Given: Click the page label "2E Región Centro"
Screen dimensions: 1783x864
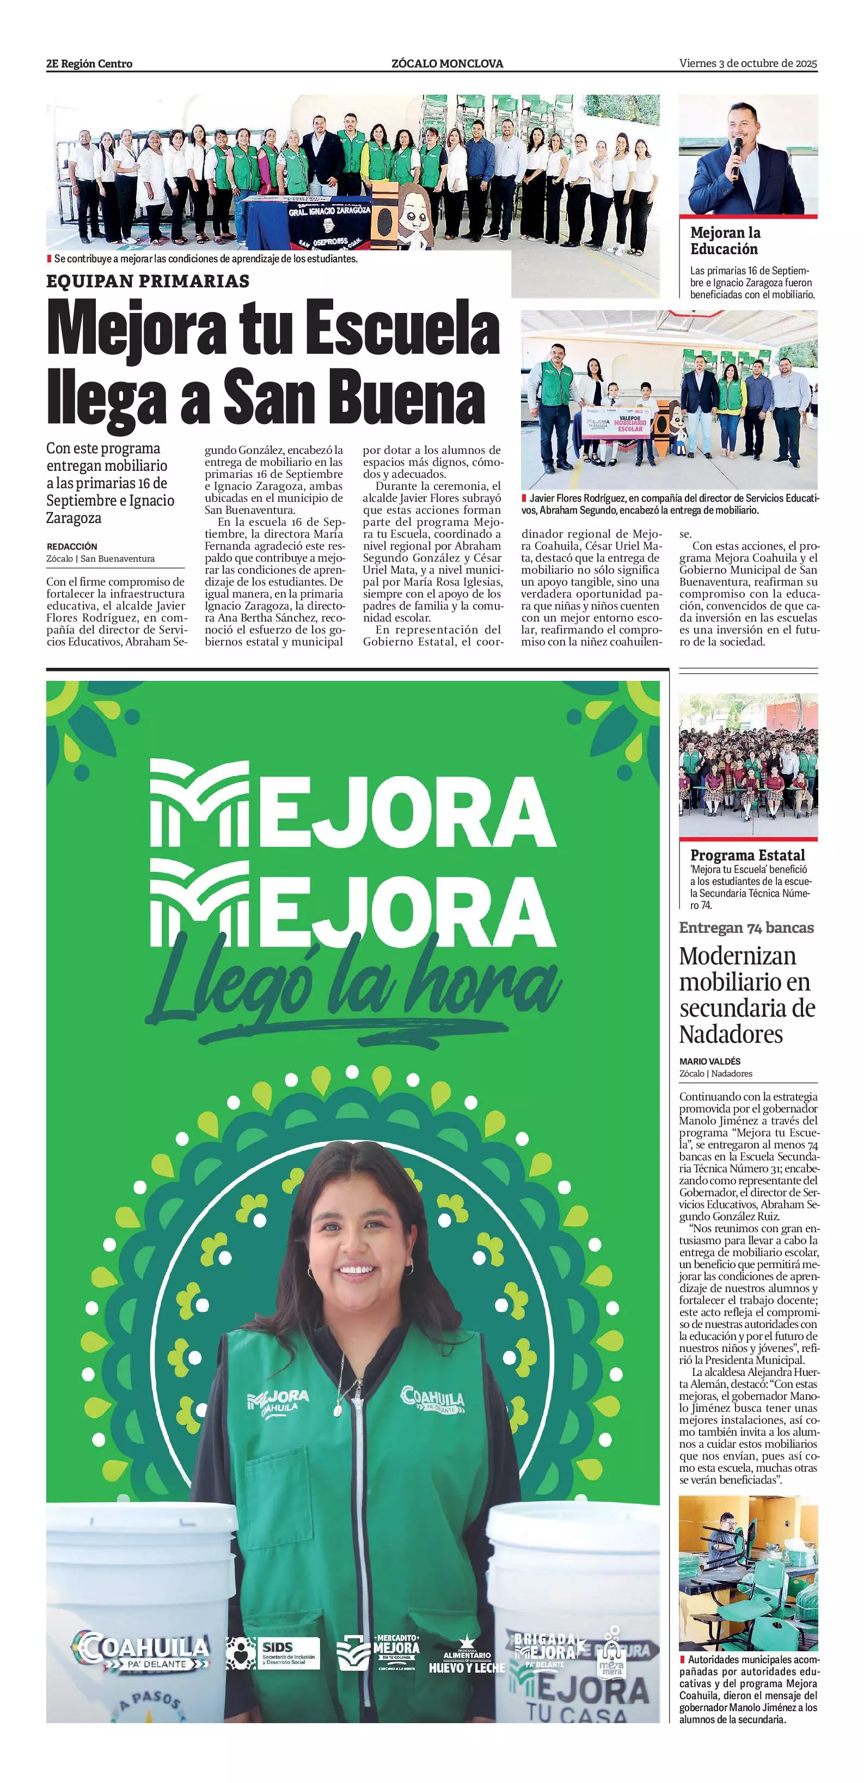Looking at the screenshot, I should pyautogui.click(x=89, y=64).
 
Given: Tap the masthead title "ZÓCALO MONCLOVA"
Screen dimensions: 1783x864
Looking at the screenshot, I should pyautogui.click(x=447, y=64).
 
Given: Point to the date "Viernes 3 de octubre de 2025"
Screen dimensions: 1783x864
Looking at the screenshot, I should pyautogui.click(x=747, y=64).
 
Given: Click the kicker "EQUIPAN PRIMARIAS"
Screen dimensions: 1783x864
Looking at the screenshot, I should pyautogui.click(x=148, y=281).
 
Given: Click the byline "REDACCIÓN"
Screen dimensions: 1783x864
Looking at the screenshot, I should pyautogui.click(x=72, y=546).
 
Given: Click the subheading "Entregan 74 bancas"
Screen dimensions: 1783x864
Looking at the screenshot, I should pyautogui.click(x=746, y=927).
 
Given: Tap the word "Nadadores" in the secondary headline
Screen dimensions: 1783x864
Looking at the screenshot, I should pyautogui.click(x=731, y=1034).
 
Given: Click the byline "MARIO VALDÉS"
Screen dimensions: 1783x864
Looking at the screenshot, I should pyautogui.click(x=709, y=1061).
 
